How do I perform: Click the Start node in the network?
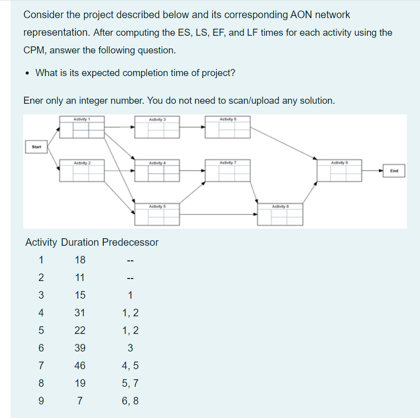[x=36, y=147]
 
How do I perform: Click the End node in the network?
[x=394, y=171]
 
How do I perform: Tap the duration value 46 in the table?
[x=80, y=366]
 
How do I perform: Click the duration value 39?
[x=80, y=348]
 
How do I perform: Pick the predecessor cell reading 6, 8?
[x=130, y=401]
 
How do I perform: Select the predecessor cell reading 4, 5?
[x=130, y=366]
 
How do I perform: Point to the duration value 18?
[x=80, y=260]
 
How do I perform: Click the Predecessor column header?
[x=130, y=242]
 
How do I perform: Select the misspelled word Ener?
[x=34, y=101]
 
